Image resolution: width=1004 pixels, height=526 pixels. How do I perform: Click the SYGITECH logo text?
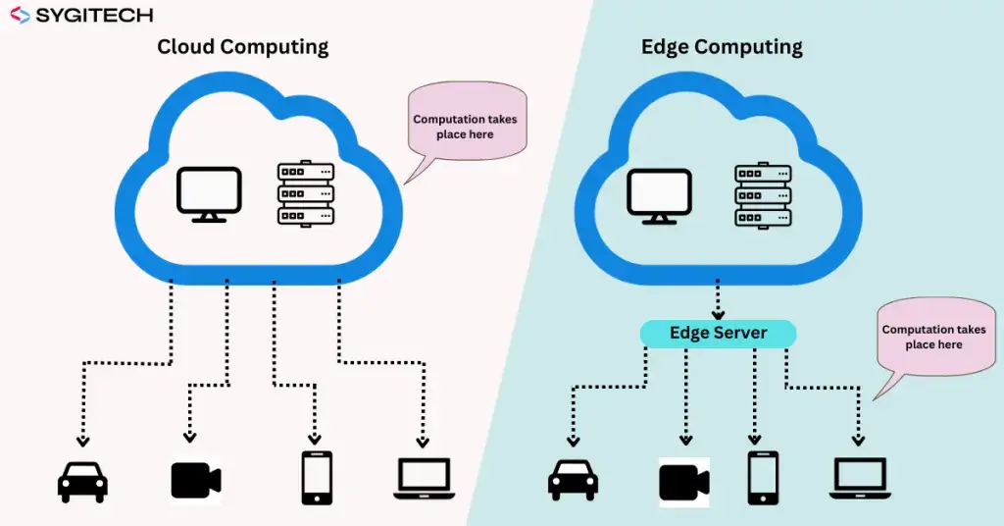coord(93,16)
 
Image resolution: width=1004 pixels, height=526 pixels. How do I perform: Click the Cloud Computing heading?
coord(243,46)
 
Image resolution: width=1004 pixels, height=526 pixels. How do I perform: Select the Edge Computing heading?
coord(722,46)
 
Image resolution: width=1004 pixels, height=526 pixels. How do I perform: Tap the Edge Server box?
coord(718,334)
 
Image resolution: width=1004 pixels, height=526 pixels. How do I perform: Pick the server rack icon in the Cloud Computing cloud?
coord(306,193)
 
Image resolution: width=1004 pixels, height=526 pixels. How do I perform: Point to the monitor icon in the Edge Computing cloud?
coord(660,193)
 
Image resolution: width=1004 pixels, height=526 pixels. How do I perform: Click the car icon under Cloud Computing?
coord(83,480)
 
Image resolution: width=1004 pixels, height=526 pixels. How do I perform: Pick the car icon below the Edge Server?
coord(573,480)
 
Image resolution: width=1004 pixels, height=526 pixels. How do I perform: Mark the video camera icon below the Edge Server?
coord(684,481)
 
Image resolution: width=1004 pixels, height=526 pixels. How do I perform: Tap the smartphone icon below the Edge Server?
coord(763,478)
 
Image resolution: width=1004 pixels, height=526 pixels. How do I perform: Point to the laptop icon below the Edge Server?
coord(861,479)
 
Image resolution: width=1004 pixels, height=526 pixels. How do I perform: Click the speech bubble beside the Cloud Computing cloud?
coord(466,125)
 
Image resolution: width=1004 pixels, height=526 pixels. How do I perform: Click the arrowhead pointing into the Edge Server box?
coord(718,314)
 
